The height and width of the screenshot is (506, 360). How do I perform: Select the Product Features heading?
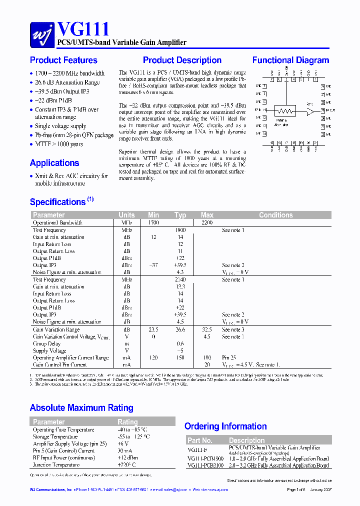click(63, 60)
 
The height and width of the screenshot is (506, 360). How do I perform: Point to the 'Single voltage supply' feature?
click(60, 126)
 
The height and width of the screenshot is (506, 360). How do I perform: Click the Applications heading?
click(54, 163)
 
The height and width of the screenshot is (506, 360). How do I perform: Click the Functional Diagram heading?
click(290, 60)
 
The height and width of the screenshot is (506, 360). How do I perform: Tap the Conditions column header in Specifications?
click(275, 215)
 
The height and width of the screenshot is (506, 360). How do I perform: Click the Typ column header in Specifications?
click(180, 215)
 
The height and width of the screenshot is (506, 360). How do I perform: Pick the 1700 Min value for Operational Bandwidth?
click(153, 222)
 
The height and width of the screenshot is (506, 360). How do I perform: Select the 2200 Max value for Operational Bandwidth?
click(206, 222)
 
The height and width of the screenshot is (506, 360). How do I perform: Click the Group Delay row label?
click(46, 344)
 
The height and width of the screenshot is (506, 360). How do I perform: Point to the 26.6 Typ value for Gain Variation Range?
click(180, 330)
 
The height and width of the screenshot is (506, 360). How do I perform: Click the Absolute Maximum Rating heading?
click(81, 408)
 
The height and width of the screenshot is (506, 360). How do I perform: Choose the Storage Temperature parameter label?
click(55, 437)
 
